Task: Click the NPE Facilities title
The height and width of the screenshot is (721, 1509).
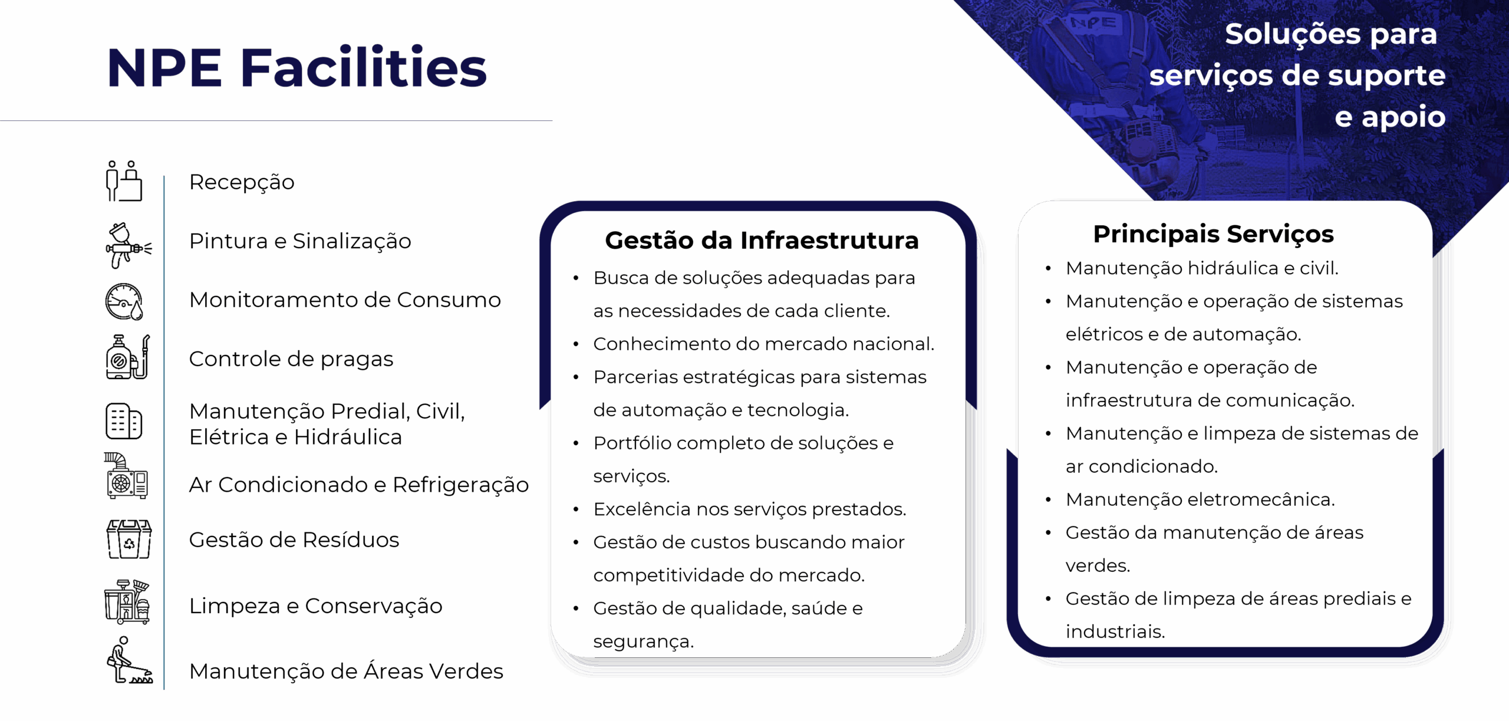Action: pyautogui.click(x=297, y=68)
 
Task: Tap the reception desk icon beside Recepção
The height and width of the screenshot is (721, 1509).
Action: pyautogui.click(x=124, y=181)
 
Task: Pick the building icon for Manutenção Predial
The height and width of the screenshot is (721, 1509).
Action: pyautogui.click(x=124, y=422)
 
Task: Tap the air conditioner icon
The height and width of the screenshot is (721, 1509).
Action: pyautogui.click(x=126, y=476)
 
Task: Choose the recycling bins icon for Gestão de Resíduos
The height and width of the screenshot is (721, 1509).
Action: pyautogui.click(x=129, y=539)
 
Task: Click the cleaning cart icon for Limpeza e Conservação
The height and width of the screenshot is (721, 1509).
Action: pyautogui.click(x=127, y=601)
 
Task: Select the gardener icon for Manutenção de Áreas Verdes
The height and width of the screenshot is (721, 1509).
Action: pyautogui.click(x=129, y=660)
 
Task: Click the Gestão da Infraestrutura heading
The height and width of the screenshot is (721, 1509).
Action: pyautogui.click(x=762, y=241)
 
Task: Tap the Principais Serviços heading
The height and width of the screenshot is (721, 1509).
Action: pyautogui.click(x=1213, y=235)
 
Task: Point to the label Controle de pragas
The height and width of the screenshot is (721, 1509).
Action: pyautogui.click(x=291, y=359)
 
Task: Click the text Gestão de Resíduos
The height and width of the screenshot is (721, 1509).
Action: pyautogui.click(x=294, y=540)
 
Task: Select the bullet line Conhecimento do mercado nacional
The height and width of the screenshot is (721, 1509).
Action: pyautogui.click(x=764, y=344)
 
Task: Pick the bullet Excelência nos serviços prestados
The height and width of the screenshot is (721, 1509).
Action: pyautogui.click(x=750, y=509)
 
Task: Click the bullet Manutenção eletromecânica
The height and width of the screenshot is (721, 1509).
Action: pyautogui.click(x=1200, y=500)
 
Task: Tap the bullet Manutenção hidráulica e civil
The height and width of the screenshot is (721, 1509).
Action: pyautogui.click(x=1202, y=268)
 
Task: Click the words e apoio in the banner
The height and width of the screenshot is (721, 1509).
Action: pyautogui.click(x=1390, y=117)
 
